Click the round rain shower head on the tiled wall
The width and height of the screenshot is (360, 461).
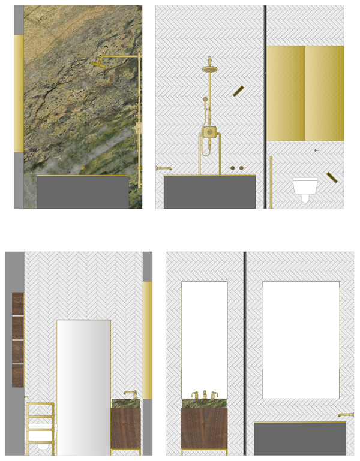pos(209,69)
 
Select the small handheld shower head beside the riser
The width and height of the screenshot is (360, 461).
pos(205,100)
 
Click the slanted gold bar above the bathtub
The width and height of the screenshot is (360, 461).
pos(239,91)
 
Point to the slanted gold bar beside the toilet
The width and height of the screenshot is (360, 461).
pos(332,177)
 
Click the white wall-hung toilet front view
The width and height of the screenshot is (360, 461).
pos(305,187)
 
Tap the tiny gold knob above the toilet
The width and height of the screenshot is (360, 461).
pos(316,150)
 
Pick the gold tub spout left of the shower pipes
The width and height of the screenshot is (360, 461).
pos(164,169)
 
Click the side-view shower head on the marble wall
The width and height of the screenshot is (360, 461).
pos(99,63)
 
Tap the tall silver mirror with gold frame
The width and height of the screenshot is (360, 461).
pos(83,387)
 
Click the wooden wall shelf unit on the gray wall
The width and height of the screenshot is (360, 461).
pos(18,339)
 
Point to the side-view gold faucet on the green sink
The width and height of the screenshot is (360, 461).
pos(131,394)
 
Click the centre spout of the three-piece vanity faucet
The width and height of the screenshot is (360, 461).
pos(205,395)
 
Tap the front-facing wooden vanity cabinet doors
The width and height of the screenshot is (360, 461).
pos(205,428)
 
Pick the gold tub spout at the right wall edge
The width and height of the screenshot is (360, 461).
pos(345,415)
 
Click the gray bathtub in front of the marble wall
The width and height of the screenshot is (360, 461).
pos(83,192)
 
